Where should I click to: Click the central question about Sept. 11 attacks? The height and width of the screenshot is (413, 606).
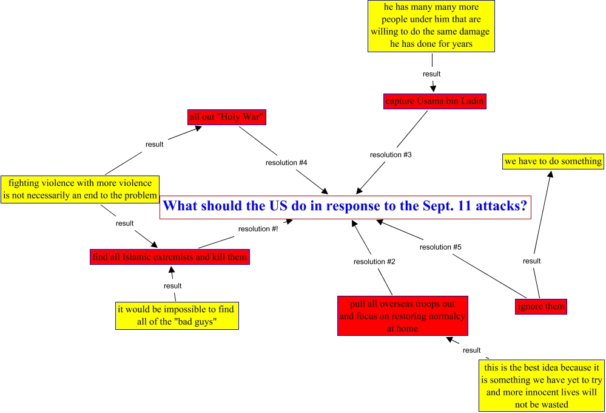tap(345, 206)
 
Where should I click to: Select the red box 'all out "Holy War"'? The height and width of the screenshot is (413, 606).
tap(227, 117)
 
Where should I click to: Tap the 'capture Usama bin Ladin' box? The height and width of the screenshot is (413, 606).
tap(435, 101)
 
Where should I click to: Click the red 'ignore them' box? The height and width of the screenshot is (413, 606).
tap(541, 306)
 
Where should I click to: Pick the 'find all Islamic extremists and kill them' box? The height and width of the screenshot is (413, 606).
tap(170, 257)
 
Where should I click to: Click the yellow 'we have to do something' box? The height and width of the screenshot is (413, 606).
tap(553, 162)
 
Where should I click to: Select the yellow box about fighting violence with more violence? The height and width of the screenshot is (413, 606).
tap(79, 189)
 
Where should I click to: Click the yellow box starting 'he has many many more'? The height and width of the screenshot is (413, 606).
tap(431, 26)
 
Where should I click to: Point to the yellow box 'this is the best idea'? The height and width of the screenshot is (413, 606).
tap(541, 386)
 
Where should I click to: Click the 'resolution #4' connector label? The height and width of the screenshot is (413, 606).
tap(286, 163)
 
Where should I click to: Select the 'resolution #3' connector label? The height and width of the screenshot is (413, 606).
tap(391, 155)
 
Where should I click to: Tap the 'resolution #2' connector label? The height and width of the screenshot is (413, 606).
tap(374, 262)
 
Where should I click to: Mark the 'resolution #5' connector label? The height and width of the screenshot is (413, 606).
tap(440, 247)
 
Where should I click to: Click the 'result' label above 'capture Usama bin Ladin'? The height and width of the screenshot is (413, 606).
tap(431, 73)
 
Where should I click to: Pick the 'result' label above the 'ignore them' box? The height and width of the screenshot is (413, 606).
tap(531, 261)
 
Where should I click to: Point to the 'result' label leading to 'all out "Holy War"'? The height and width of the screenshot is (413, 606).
tap(155, 144)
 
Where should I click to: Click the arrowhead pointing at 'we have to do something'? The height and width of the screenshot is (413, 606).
tap(551, 174)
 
